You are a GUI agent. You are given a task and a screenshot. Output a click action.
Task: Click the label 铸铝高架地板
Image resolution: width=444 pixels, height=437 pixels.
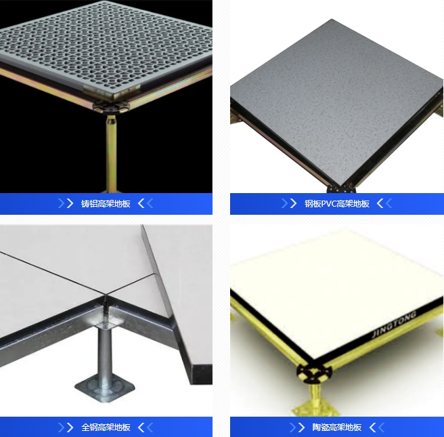coord(106,203)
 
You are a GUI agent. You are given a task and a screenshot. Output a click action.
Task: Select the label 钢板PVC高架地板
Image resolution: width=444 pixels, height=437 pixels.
coord(337,203)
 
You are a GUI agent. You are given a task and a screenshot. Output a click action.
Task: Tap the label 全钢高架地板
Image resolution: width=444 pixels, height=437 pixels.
coord(106,427)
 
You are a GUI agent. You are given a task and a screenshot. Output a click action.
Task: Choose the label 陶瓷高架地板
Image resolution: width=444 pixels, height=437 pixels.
coord(336,427)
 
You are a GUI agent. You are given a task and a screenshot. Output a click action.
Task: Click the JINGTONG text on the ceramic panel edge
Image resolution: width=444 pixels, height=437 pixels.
coord(395,324)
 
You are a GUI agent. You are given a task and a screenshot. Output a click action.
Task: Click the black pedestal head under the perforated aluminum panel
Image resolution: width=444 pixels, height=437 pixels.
coord(111,106)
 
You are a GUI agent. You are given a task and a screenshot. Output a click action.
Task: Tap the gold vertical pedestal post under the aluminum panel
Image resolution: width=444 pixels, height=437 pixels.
coord(111,153)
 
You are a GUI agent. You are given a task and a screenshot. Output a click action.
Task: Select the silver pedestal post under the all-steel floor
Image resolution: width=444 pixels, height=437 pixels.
coord(104,352)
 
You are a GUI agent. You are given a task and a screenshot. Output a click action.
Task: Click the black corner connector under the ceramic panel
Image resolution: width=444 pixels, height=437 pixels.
coord(314,372)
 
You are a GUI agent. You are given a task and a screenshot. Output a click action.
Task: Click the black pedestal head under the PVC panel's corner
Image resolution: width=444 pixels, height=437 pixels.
coord(341,189)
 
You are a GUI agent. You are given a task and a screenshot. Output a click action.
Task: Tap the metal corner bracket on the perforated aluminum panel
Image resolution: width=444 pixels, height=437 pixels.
coord(112,91)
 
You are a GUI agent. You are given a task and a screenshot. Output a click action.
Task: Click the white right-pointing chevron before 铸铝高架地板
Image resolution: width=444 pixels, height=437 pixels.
coord(70,203)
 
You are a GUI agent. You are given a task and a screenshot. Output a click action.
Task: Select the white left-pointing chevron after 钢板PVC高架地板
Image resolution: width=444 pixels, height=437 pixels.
coord(380,203)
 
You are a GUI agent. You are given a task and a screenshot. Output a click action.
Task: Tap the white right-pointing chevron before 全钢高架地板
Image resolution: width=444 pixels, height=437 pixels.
coord(70,427)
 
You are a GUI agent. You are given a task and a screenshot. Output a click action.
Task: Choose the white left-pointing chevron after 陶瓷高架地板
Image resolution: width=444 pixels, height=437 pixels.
coord(372,427)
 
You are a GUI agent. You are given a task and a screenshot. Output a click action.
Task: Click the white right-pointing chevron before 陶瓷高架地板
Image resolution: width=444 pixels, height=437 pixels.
coord(301,427)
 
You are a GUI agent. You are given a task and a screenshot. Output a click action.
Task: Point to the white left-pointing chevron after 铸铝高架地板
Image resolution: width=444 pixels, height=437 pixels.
coord(141,203)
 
